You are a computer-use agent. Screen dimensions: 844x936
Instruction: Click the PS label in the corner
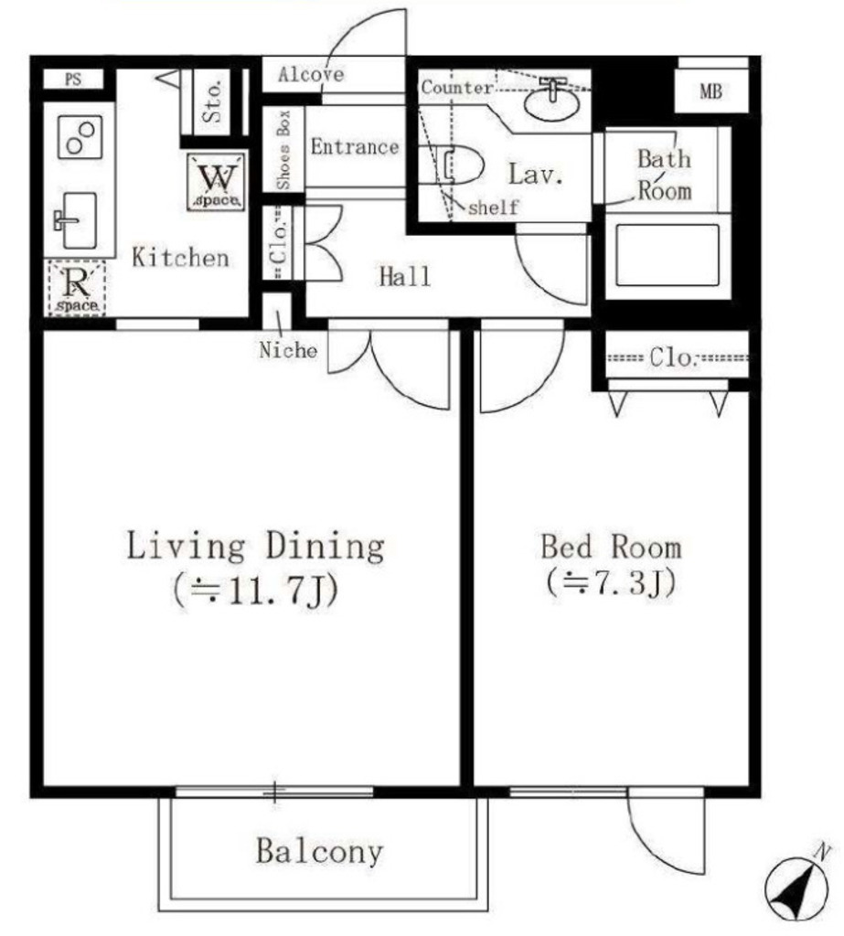point(73,79)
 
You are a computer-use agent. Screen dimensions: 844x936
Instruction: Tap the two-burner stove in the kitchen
point(80,137)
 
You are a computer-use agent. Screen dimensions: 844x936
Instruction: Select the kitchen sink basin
point(80,220)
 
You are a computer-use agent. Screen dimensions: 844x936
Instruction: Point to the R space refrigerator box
point(77,288)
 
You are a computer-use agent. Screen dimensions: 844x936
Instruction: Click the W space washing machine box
point(216,182)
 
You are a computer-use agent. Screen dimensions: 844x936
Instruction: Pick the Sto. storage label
point(212,101)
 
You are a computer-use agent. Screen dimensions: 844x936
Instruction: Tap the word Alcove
point(311,75)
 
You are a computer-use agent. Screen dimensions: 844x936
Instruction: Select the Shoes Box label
point(283,149)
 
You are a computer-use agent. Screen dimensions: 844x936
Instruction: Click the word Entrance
point(354,147)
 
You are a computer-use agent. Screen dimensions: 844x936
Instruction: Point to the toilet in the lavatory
point(459,165)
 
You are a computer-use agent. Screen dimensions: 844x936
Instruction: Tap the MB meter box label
point(710,92)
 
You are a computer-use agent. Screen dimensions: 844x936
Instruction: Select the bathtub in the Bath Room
point(668,255)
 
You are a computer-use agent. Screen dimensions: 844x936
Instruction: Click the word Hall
point(405,277)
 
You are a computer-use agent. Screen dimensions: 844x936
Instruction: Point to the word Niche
point(288,350)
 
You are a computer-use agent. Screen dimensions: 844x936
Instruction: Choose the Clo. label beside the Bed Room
point(673,357)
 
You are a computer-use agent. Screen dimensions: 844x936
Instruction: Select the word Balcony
point(319,852)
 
